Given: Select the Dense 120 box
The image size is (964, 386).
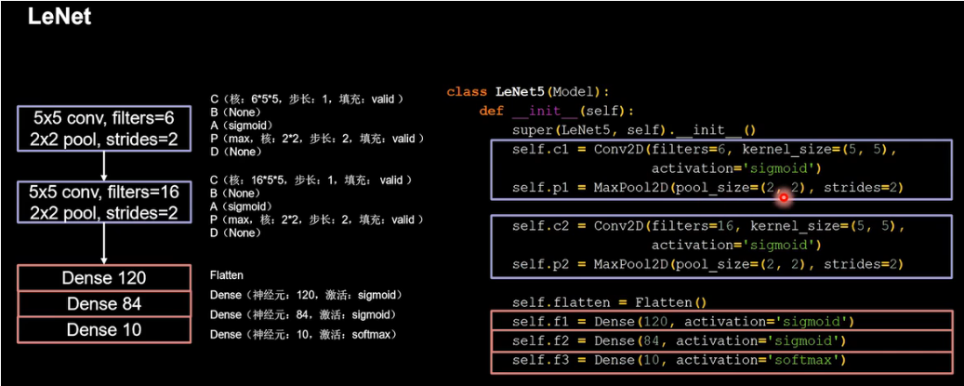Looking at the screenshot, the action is click(103, 278).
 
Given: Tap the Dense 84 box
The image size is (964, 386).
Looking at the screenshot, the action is click(103, 304).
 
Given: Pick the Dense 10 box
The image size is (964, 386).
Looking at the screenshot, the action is click(103, 330).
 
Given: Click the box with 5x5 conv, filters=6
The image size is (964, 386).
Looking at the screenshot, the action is click(103, 129).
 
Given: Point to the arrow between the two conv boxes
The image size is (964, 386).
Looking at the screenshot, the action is click(103, 166).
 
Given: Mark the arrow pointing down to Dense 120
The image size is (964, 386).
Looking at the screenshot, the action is click(103, 245).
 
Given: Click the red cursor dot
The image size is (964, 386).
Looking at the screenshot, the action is click(784, 196).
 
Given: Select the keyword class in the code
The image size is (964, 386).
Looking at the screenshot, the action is click(467, 92).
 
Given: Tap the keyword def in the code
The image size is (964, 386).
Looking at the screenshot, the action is click(491, 111).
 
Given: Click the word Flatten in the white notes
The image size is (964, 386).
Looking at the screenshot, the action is click(227, 276).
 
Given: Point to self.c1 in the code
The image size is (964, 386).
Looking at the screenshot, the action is click(533, 149).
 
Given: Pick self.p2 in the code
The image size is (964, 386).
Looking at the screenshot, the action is click(533, 264).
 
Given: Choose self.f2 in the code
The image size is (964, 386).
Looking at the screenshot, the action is click(533, 341).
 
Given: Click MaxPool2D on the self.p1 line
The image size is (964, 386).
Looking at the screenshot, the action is click(621, 187).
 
